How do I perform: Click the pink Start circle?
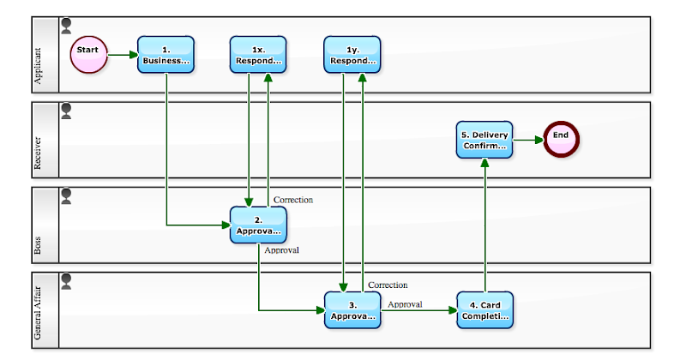point(88,54)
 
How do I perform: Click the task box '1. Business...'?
point(165,54)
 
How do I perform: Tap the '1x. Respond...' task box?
point(258,54)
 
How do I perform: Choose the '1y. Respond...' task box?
point(352,54)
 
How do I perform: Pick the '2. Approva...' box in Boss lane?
point(258,225)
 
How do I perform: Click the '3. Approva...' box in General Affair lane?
point(352,309)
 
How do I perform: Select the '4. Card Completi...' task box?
point(484,309)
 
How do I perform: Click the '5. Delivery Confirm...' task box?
point(484,139)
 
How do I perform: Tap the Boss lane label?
point(38,248)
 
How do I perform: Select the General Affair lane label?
point(38,318)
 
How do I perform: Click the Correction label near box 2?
point(293,200)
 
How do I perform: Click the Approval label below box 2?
point(282,250)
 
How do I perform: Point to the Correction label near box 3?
point(388,285)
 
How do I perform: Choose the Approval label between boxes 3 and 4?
point(405,303)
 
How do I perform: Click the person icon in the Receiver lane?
point(66,111)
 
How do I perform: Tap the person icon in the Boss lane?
point(66,196)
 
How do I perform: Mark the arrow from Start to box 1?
point(122,54)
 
